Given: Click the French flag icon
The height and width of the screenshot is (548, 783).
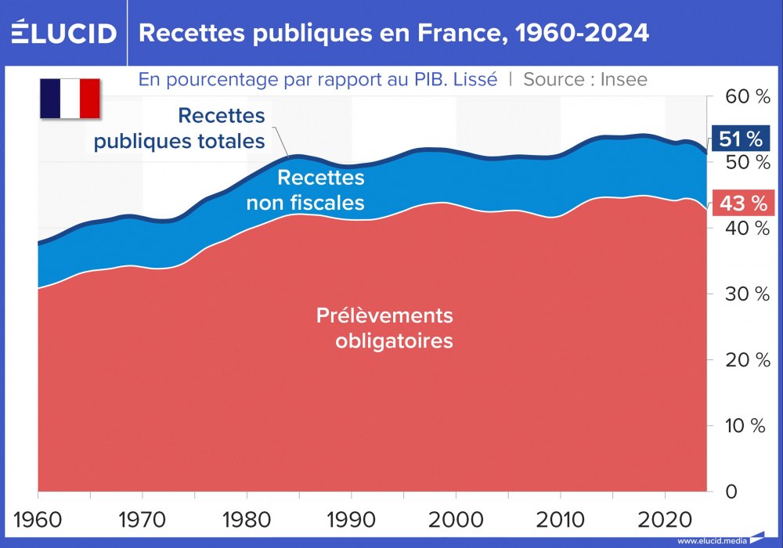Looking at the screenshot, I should (70, 98).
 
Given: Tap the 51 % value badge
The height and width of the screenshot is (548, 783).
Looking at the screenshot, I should (741, 139).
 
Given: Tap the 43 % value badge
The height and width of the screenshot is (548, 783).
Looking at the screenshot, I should (741, 204).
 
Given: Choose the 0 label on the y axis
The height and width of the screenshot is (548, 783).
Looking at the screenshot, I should (731, 492).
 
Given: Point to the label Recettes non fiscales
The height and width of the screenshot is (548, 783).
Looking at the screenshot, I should (306, 190).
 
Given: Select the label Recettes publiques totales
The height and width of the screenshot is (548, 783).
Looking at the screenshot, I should (179, 128).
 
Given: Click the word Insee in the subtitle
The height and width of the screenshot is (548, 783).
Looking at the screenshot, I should (623, 79).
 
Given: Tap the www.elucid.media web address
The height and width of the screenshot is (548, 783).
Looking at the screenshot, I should (711, 541).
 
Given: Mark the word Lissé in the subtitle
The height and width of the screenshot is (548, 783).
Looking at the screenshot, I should (473, 79).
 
